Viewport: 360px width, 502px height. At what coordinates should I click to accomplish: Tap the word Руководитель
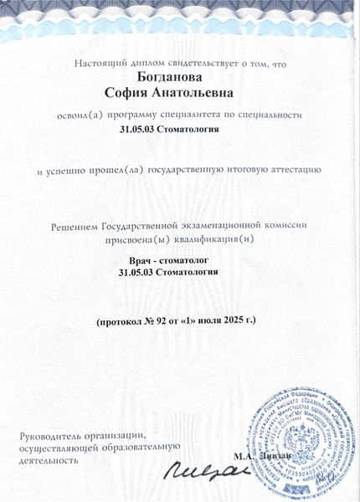click(52, 435)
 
